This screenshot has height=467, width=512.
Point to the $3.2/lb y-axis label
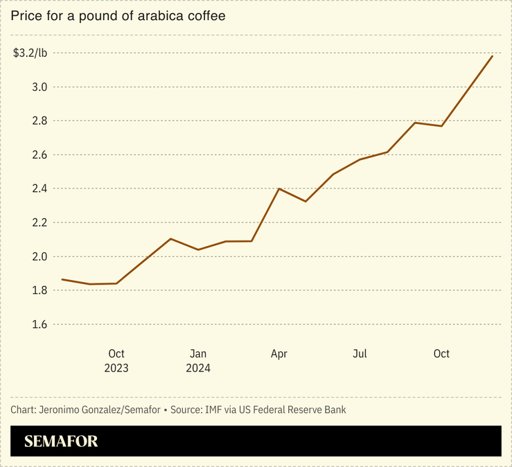pos(30,53)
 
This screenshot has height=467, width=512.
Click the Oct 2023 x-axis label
pos(116,361)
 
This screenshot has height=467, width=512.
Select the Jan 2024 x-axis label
pos(198,361)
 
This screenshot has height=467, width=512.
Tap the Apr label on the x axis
pos(279,354)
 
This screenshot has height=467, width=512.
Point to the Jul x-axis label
pos(360,354)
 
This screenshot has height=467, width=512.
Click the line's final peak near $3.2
pos(493,56)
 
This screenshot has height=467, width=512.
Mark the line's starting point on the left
pos(62,279)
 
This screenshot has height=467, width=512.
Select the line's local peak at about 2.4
pos(279,188)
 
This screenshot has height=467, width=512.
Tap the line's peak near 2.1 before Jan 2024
pos(170,238)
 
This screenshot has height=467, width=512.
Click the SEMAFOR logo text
pos(61,441)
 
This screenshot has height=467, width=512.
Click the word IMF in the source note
pos(214,409)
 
